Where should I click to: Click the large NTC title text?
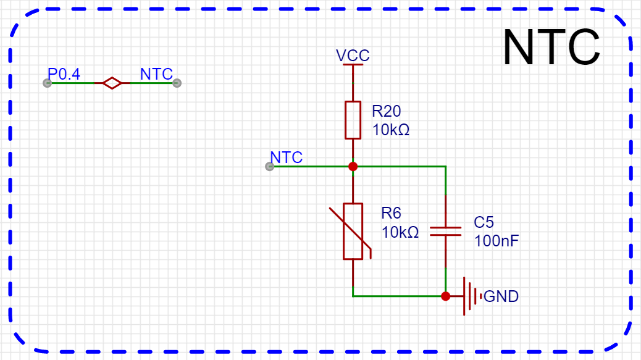pyautogui.click(x=551, y=48)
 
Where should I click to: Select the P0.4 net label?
pyautogui.click(x=64, y=75)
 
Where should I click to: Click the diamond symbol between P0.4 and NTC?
pyautogui.click(x=112, y=83)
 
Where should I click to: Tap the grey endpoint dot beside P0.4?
pyautogui.click(x=47, y=83)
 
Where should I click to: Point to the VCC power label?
pyautogui.click(x=353, y=56)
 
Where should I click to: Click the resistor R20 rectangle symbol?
pyautogui.click(x=353, y=120)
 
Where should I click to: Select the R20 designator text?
pyautogui.click(x=386, y=111)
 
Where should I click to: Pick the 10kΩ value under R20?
pyautogui.click(x=390, y=130)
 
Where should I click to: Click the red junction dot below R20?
pyautogui.click(x=353, y=166)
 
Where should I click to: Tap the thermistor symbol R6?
pyautogui.click(x=353, y=231)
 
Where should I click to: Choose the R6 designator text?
pyautogui.click(x=391, y=214)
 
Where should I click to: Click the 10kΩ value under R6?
pyautogui.click(x=400, y=233)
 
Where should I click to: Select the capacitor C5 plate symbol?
pyautogui.click(x=445, y=231)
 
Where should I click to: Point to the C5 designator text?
pyautogui.click(x=484, y=222)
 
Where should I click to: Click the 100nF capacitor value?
pyautogui.click(x=496, y=241)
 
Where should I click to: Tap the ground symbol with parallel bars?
pyautogui.click(x=469, y=296)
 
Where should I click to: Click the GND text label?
pyautogui.click(x=501, y=296)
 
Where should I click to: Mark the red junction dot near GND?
pyautogui.click(x=445, y=296)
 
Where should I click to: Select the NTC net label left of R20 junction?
pyautogui.click(x=287, y=158)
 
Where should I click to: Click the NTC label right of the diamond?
pyautogui.click(x=156, y=75)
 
